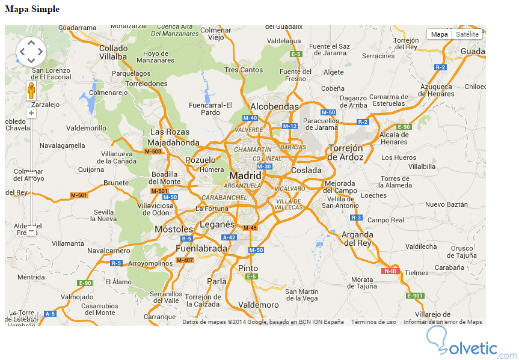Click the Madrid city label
[245, 175]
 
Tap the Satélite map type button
[467, 34]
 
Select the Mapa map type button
[440, 34]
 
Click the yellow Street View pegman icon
[31, 91]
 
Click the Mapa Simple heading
[32, 9]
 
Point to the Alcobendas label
[274, 106]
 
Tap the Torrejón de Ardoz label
[346, 153]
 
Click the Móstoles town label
[174, 229]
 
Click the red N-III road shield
[390, 271]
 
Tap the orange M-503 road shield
[153, 151]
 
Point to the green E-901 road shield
[415, 296]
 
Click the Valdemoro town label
[259, 305]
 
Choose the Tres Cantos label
[244, 70]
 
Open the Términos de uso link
[373, 322]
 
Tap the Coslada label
[307, 170]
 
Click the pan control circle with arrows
[31, 52]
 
